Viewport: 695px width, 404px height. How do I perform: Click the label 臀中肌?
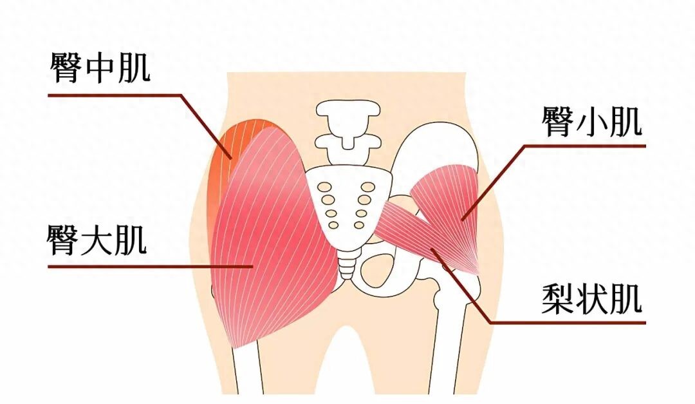(x=100, y=68)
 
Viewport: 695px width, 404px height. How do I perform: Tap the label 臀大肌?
(x=97, y=240)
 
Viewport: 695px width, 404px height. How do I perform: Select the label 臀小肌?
(x=592, y=121)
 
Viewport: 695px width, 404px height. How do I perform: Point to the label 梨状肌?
(x=592, y=298)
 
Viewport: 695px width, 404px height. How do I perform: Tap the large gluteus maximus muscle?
(x=270, y=240)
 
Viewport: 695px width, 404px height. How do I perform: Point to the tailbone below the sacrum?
(x=346, y=264)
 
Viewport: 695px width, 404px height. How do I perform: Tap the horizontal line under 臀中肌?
(x=115, y=95)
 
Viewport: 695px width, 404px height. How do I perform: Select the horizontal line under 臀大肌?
(x=150, y=266)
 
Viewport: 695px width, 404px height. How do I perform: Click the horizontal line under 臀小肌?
(x=584, y=146)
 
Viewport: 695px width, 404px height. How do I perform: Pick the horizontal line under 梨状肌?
(x=568, y=323)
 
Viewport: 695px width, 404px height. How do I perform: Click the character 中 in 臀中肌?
(x=100, y=68)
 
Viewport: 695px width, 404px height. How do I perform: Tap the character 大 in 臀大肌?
(x=97, y=240)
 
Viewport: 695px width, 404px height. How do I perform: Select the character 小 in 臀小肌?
(x=592, y=121)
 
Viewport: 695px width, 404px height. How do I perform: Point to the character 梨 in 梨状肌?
(x=557, y=298)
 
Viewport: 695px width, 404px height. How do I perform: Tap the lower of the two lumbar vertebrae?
(x=348, y=149)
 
